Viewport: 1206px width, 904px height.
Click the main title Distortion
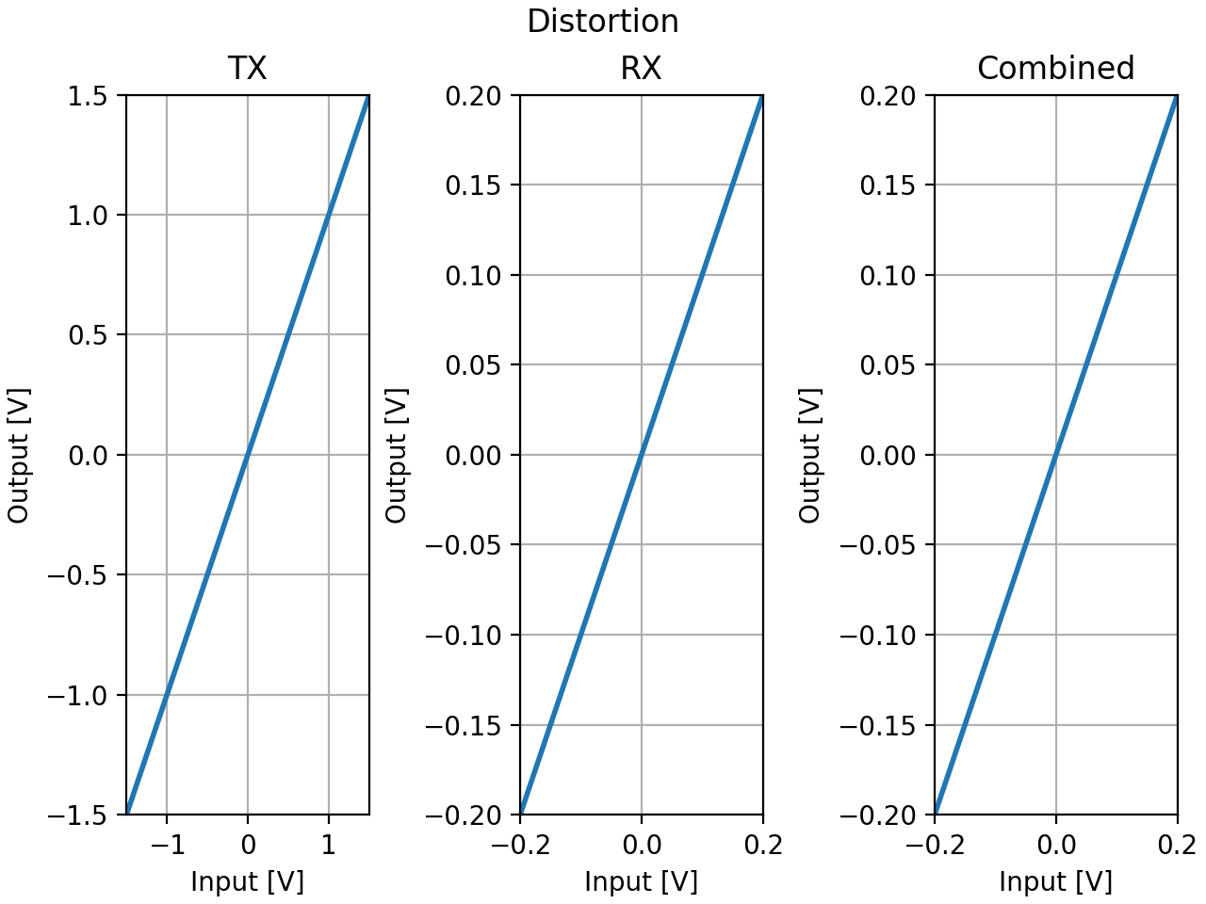tap(602, 21)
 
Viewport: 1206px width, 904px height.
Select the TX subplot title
tap(247, 68)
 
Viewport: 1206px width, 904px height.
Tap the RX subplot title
tap(641, 68)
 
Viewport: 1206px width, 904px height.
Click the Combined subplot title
tap(1055, 68)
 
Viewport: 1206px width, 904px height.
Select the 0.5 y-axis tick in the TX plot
tap(90, 335)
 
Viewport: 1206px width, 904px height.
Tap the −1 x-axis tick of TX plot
tap(167, 845)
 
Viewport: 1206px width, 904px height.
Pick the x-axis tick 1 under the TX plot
tap(328, 845)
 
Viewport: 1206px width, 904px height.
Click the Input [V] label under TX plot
tap(247, 881)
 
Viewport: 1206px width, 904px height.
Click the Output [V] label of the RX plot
tap(396, 455)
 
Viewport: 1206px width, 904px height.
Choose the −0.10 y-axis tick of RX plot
tap(466, 635)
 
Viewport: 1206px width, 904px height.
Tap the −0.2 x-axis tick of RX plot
tap(520, 845)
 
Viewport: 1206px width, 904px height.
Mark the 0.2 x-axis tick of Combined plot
tap(1177, 845)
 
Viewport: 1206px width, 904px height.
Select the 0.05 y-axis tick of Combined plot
tap(891, 364)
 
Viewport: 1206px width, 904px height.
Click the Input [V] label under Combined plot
tap(1055, 881)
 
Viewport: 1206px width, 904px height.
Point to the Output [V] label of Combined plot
tap(810, 455)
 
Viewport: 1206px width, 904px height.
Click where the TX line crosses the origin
tap(248, 455)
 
